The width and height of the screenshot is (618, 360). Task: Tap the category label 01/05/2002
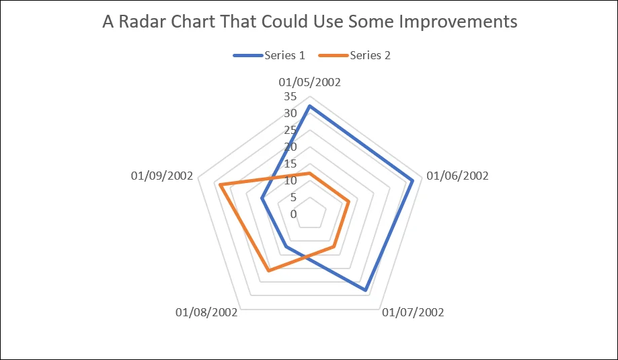point(309,83)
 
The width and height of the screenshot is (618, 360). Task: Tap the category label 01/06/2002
point(457,176)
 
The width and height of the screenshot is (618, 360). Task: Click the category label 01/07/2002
point(413,312)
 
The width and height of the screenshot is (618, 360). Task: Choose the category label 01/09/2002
point(162,176)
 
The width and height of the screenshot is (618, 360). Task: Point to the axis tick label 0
point(293,214)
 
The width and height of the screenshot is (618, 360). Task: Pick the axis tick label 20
point(290,147)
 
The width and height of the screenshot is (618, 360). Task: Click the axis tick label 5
point(293,197)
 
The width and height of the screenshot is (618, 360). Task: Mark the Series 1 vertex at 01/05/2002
point(309,106)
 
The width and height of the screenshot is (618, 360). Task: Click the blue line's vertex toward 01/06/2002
point(412,180)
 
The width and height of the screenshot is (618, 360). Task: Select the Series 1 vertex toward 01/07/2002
point(365,291)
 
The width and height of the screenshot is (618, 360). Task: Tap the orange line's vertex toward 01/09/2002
point(220,184)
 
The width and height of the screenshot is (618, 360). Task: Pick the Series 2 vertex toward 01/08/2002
point(268,271)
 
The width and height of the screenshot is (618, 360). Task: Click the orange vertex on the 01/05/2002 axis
point(309,174)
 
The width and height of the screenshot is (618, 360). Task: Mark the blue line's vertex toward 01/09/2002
point(262,199)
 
